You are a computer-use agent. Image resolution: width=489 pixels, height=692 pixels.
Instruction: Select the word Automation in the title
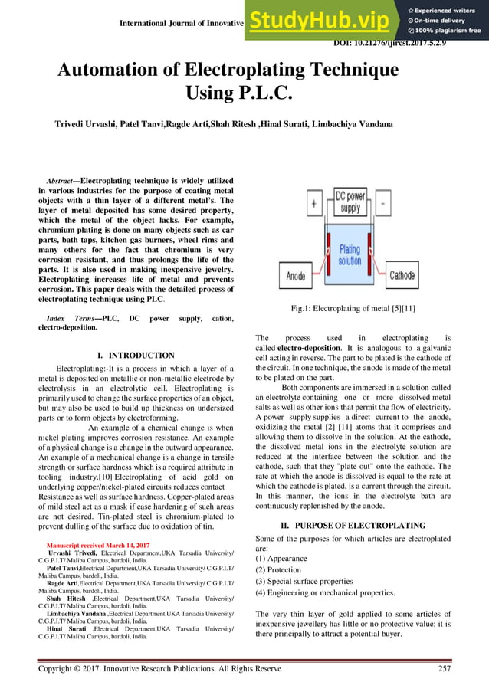click(x=117, y=71)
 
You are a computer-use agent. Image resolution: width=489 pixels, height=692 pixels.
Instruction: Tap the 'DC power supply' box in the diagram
click(x=349, y=202)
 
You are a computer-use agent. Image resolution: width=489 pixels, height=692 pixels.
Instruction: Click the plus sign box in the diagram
click(x=315, y=205)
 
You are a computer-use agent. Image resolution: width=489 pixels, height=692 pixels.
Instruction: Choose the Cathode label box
click(x=402, y=275)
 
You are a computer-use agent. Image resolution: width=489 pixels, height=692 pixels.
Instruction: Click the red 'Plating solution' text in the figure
click(x=350, y=255)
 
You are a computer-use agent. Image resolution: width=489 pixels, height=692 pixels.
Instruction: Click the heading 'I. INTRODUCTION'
click(x=136, y=356)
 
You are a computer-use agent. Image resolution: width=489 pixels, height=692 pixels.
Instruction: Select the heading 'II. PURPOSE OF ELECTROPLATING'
click(x=352, y=526)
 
